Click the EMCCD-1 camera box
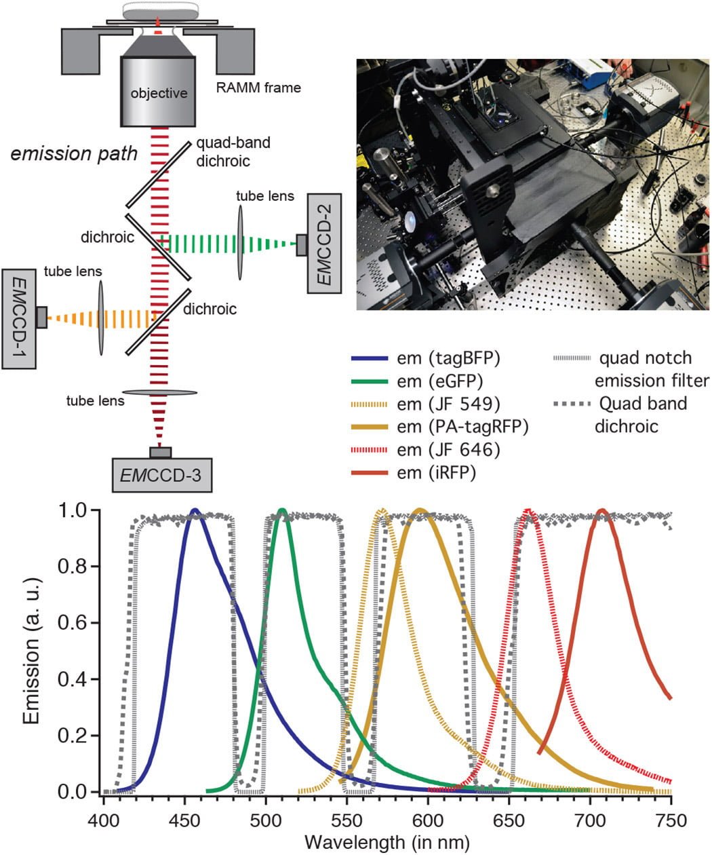(x=19, y=319)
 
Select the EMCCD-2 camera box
(x=324, y=244)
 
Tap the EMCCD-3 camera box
(x=162, y=475)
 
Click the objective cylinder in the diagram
(x=158, y=92)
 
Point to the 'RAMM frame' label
(x=258, y=88)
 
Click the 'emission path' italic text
(x=74, y=154)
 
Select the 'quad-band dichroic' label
(x=233, y=151)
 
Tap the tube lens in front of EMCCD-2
(x=240, y=242)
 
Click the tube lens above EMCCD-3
(x=159, y=392)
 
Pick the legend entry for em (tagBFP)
(x=426, y=358)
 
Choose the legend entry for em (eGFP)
(x=417, y=381)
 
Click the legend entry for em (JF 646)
(x=426, y=450)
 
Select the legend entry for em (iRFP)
(x=414, y=473)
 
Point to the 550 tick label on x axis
(x=347, y=820)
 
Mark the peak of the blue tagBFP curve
(x=195, y=510)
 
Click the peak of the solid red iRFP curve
(x=602, y=510)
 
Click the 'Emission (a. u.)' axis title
(x=31, y=651)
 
